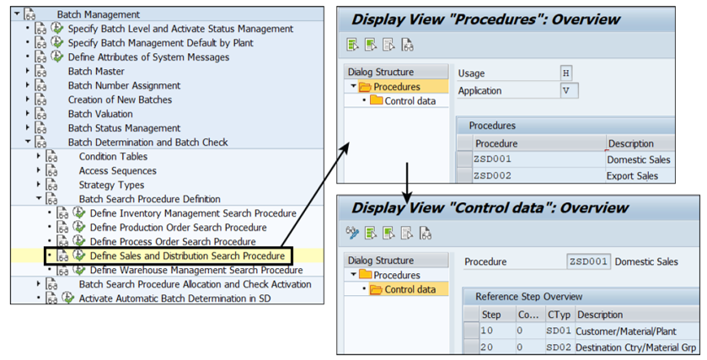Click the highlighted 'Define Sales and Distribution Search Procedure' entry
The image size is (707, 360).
[x=187, y=255]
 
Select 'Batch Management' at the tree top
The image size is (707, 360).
[x=98, y=14]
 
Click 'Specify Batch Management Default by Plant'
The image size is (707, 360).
[x=160, y=42]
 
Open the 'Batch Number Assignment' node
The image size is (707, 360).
[x=123, y=85]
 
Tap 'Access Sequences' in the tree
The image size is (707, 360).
[x=117, y=170]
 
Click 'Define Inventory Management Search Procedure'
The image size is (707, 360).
[x=193, y=213]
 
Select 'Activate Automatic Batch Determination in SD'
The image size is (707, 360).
[x=174, y=298]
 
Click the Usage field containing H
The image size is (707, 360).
[x=566, y=73]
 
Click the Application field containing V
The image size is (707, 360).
[x=568, y=90]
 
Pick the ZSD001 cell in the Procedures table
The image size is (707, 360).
[x=493, y=159]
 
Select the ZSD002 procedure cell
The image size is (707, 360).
[x=493, y=176]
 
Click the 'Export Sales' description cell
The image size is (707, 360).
[x=632, y=176]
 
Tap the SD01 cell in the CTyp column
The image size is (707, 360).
[x=559, y=330]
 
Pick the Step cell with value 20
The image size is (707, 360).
[x=487, y=347]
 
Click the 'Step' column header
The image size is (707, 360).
[x=490, y=314]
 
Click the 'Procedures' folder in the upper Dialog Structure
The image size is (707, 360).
[x=397, y=87]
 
